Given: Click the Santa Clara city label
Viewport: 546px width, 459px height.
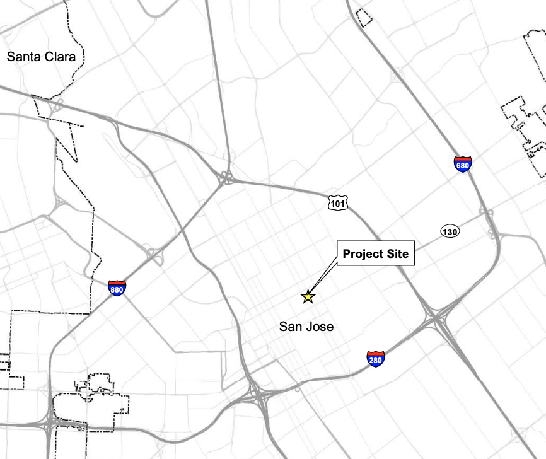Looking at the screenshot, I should click(x=41, y=57).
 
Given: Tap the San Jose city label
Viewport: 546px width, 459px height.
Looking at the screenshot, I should click(x=306, y=327).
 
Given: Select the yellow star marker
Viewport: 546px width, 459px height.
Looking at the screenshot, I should click(x=308, y=296).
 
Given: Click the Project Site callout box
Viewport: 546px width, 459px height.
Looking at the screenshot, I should click(x=376, y=254).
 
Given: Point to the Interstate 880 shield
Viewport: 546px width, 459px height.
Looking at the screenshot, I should click(x=117, y=288).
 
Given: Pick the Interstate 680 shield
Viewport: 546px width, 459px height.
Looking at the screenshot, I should click(x=462, y=164).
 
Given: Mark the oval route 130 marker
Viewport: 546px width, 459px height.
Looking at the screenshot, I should click(x=450, y=232).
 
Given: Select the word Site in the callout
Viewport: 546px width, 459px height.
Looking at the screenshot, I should click(x=398, y=254).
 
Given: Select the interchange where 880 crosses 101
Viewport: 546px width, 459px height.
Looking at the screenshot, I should click(x=224, y=179).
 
